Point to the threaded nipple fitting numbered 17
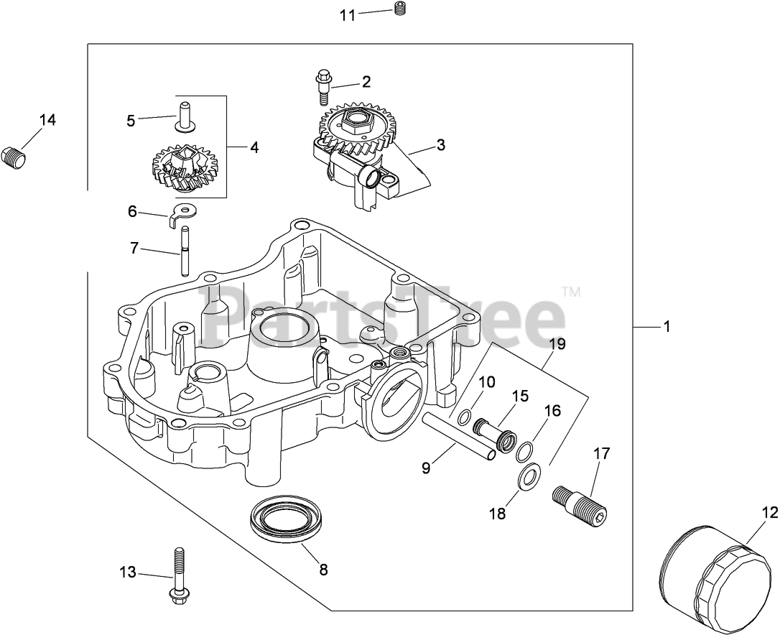[x=581, y=505]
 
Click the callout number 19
[x=557, y=344]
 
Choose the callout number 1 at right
[x=667, y=327]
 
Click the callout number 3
[x=441, y=145]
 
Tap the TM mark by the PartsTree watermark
[x=571, y=292]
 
